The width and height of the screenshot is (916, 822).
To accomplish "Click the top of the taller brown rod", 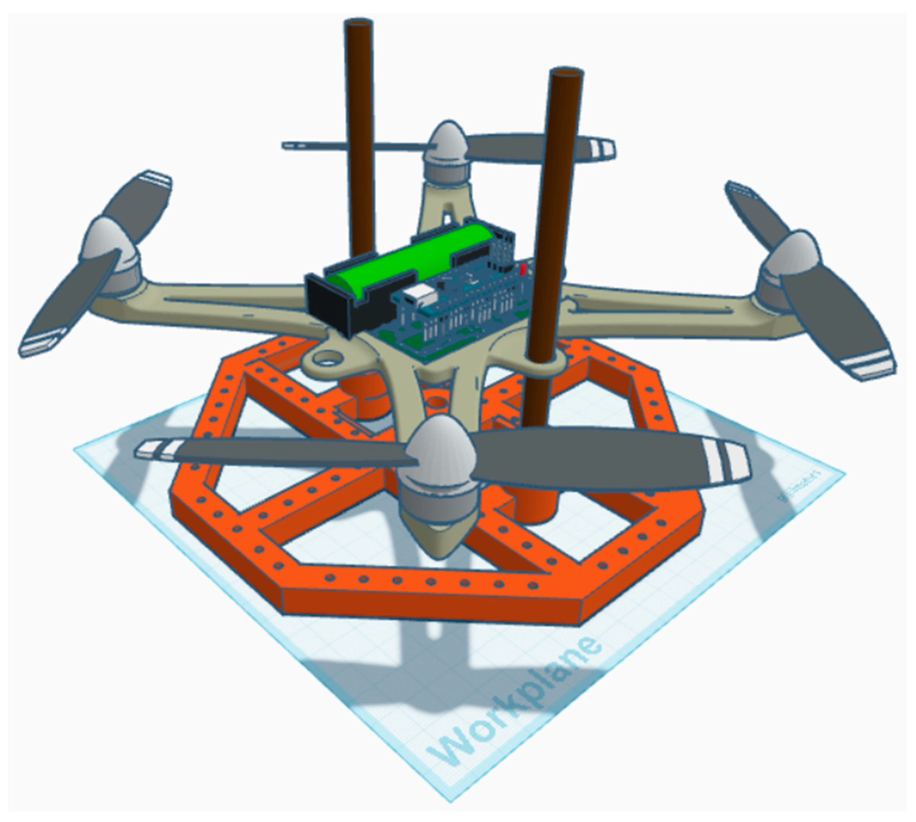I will pos(359,23).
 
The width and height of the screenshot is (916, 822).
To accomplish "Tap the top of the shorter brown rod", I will pos(566,73).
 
